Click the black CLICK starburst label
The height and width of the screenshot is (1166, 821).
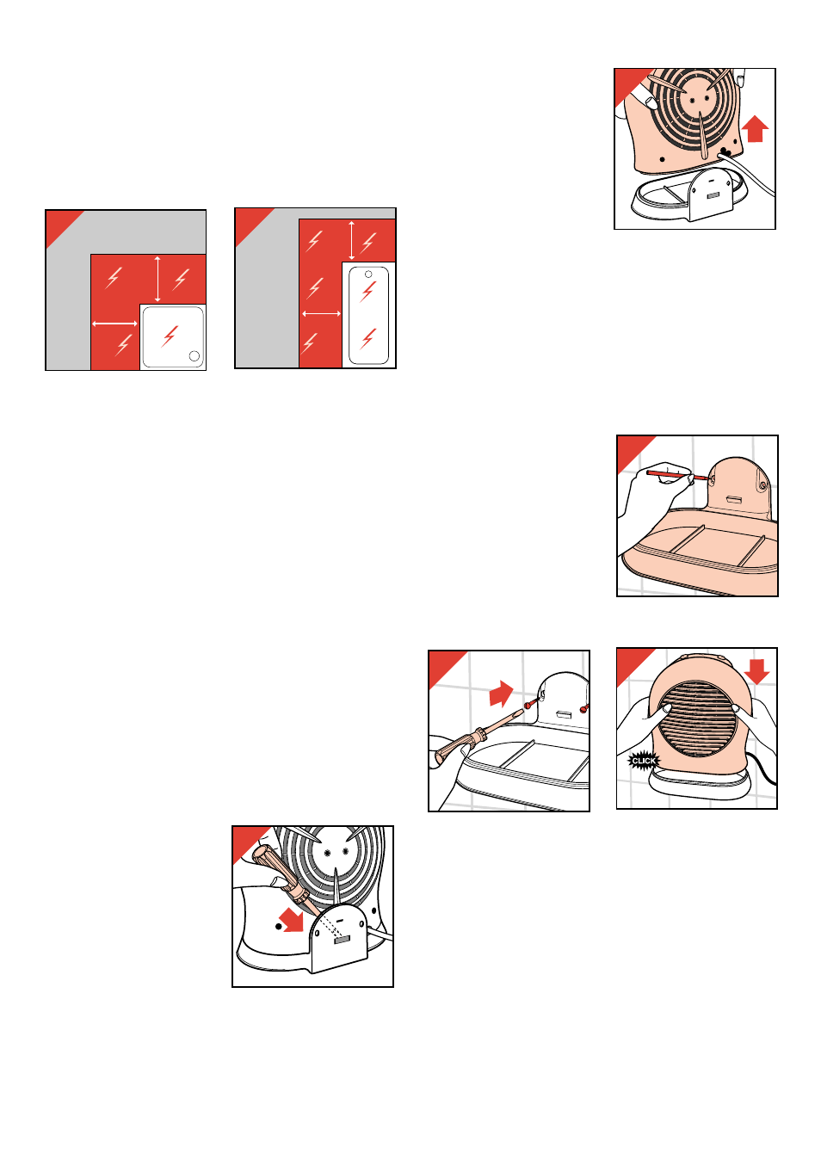(x=643, y=761)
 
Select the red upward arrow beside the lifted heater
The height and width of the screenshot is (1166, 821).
(x=755, y=128)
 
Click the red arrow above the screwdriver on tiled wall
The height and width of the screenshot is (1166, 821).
(x=502, y=694)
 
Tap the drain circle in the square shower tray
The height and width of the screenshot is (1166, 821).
(x=194, y=355)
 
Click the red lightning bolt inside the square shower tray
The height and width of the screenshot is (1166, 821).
(x=170, y=336)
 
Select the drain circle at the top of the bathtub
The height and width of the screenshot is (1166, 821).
(x=368, y=275)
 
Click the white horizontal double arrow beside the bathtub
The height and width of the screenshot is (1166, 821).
(x=321, y=313)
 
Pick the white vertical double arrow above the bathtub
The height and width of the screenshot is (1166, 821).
(x=351, y=240)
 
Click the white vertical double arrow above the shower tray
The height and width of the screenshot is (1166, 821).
(x=157, y=279)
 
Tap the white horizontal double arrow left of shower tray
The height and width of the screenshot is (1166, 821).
(x=114, y=324)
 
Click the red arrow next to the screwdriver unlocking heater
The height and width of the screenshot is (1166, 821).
(x=292, y=919)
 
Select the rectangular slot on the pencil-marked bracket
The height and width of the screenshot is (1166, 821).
(x=734, y=499)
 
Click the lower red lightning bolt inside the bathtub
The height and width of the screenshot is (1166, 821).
(x=368, y=338)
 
